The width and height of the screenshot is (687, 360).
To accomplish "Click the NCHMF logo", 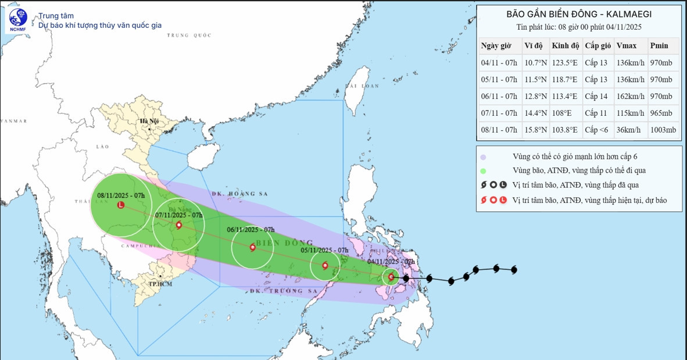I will click(18, 20).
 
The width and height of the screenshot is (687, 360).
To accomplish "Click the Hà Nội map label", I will click(149, 121).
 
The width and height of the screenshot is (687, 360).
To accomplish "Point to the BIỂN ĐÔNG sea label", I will click(285, 243).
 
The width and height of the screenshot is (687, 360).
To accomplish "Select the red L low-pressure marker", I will click(120, 205).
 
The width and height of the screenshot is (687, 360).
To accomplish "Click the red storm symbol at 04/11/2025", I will click(391, 277).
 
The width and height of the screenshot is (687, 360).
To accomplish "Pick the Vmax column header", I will click(626, 45).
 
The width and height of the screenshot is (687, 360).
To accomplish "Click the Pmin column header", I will click(659, 45).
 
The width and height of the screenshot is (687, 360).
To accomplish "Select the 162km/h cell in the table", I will click(630, 97).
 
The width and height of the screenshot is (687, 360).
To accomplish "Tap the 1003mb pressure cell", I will click(663, 130).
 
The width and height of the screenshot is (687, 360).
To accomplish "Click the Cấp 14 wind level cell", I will click(596, 97).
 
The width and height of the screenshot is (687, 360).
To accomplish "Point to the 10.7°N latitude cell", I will click(535, 63).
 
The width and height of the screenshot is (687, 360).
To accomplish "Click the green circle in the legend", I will click(483, 171).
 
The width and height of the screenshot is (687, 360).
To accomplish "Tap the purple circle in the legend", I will click(483, 156).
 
